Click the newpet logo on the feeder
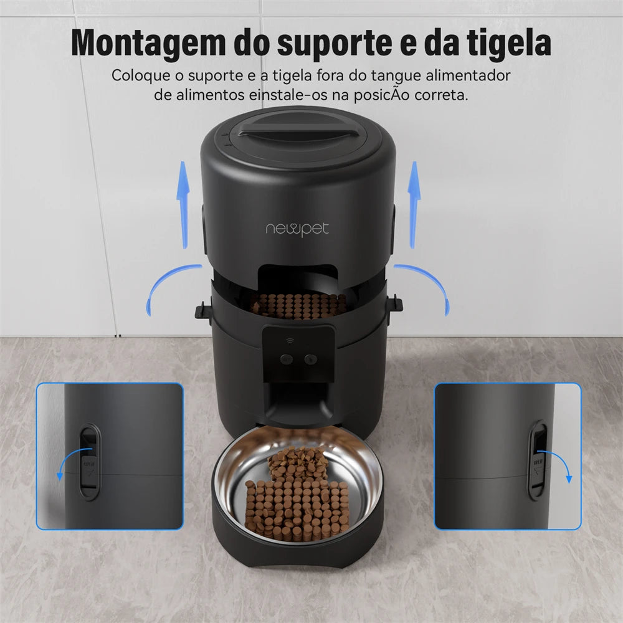click(x=297, y=229)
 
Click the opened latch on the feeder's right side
click(x=395, y=304)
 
